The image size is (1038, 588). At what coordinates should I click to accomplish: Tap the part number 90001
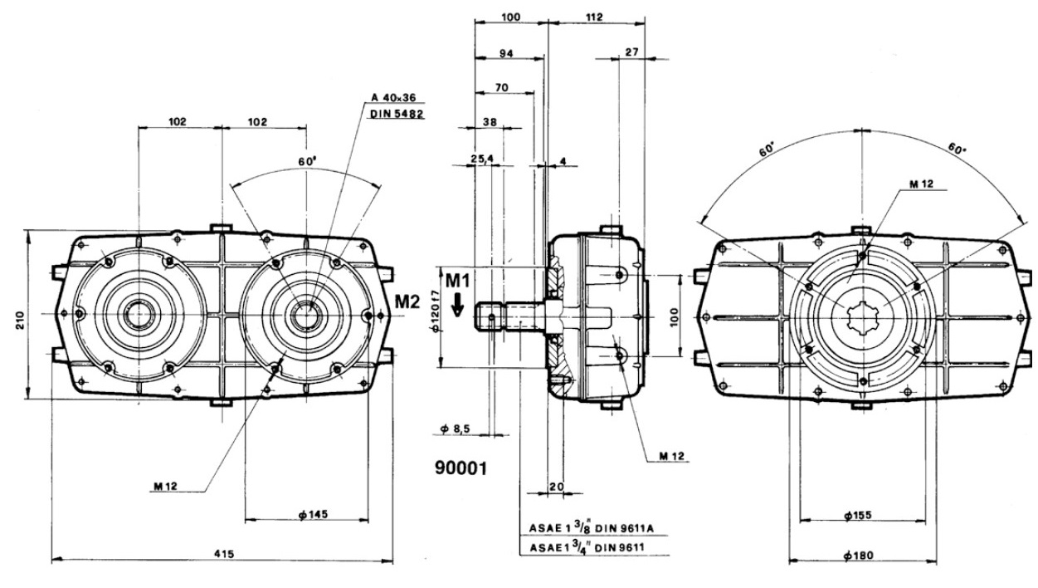tap(461, 468)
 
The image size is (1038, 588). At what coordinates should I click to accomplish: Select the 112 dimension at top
tap(593, 17)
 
